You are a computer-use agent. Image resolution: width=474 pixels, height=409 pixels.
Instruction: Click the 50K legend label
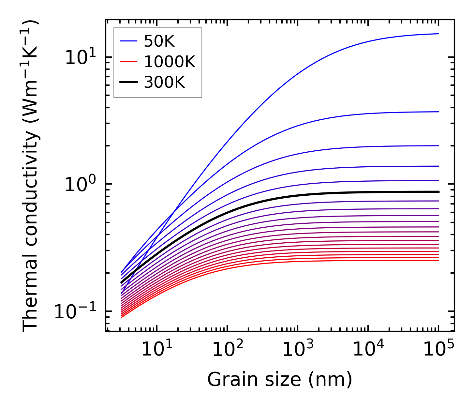[159, 41]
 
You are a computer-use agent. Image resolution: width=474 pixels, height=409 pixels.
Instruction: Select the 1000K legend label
[169, 62]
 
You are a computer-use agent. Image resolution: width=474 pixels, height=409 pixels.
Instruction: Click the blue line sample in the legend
[129, 41]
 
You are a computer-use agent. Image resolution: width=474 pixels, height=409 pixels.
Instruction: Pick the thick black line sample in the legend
[129, 83]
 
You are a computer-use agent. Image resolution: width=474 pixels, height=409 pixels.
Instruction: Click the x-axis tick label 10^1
[156, 349]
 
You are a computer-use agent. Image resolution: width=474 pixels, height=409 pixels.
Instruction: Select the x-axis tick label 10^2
[227, 349]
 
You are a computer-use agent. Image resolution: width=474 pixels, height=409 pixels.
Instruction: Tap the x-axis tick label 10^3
[297, 349]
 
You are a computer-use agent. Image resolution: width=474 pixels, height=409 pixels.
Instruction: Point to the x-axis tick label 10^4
[368, 349]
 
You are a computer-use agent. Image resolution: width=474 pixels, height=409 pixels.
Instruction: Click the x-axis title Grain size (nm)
[280, 380]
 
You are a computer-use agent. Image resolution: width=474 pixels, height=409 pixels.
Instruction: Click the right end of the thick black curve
[438, 192]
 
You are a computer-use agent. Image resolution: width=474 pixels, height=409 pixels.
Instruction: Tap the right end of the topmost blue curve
[438, 34]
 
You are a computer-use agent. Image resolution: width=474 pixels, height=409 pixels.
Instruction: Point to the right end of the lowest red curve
[438, 260]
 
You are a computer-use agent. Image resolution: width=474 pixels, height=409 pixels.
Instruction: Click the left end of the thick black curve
[121, 282]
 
